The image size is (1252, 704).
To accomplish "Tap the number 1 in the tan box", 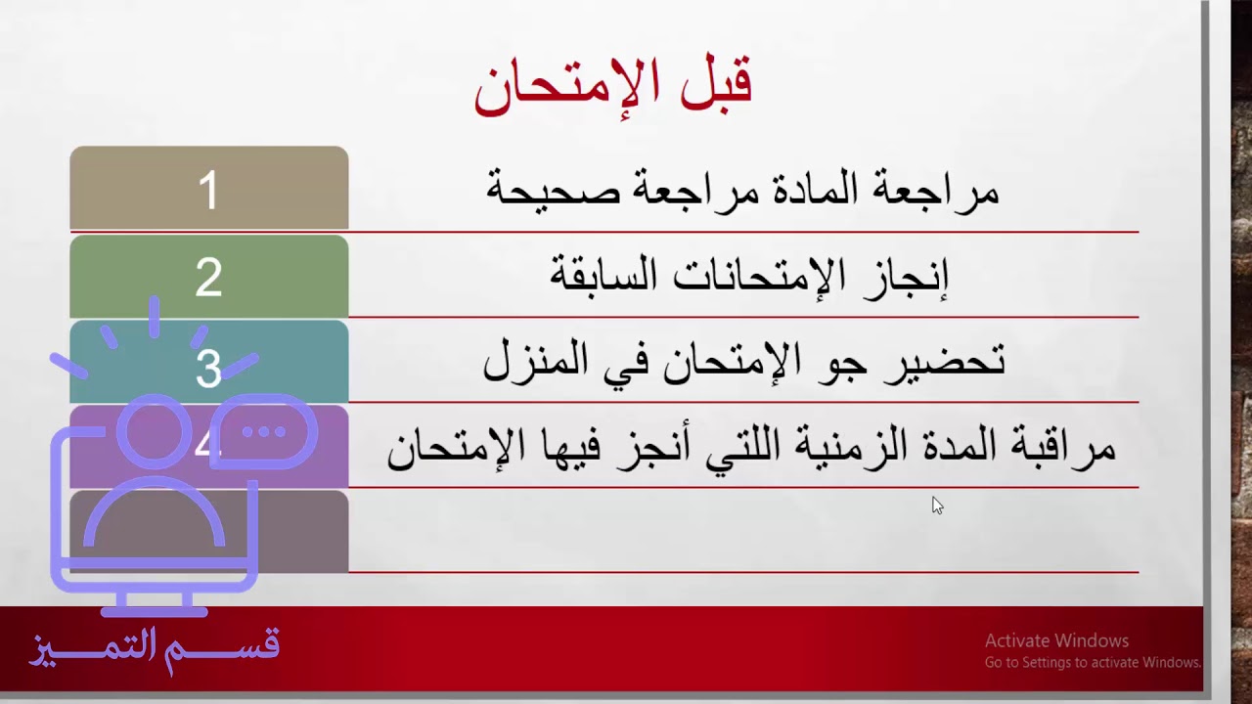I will pyautogui.click(x=208, y=191).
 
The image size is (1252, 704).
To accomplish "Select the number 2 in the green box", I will pyautogui.click(x=208, y=279).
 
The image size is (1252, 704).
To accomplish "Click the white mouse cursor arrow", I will pyautogui.click(x=936, y=505).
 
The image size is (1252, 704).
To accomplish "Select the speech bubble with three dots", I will pyautogui.click(x=263, y=431).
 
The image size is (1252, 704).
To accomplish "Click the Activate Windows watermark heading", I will pyautogui.click(x=1056, y=641).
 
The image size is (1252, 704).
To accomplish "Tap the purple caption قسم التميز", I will pyautogui.click(x=155, y=648).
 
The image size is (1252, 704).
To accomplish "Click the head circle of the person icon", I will pyautogui.click(x=154, y=430).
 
